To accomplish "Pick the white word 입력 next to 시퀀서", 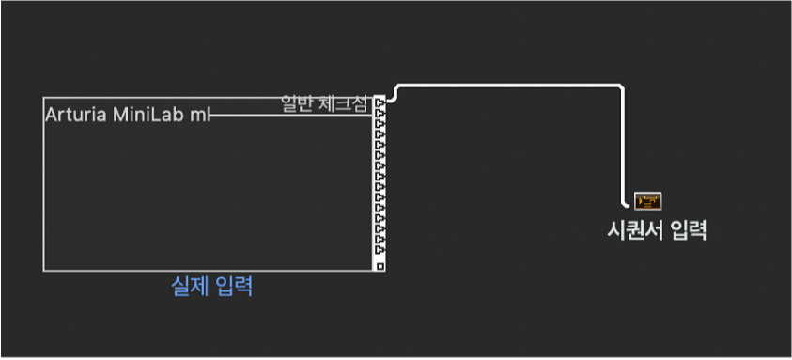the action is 687,229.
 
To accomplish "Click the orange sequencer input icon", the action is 648,200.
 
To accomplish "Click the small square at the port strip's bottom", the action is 380,266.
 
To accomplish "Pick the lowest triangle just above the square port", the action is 380,253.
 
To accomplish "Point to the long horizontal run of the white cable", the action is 507,86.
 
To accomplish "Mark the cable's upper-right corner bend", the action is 621,88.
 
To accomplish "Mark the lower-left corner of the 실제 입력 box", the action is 44,270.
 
